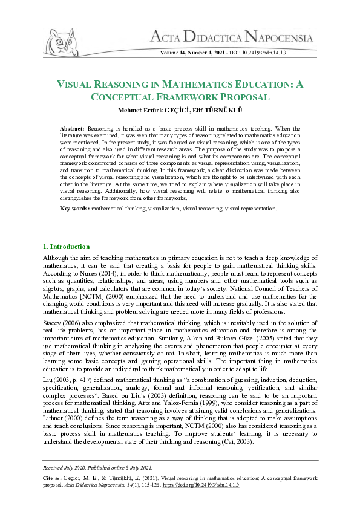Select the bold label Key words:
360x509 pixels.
(x=74, y=209)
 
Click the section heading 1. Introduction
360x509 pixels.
(x=67, y=247)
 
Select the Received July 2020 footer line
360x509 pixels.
(x=97, y=467)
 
